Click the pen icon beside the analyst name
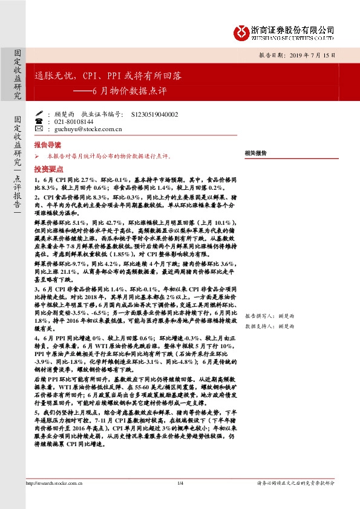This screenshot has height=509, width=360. (39, 114)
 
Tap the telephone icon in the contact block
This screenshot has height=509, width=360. (39, 122)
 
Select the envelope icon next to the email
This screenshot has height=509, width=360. (39, 129)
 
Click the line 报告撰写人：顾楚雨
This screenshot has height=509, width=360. (269, 316)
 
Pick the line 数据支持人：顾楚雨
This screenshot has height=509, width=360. (269, 325)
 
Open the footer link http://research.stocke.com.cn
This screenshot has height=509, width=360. (55, 482)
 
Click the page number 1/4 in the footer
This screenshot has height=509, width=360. (180, 482)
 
